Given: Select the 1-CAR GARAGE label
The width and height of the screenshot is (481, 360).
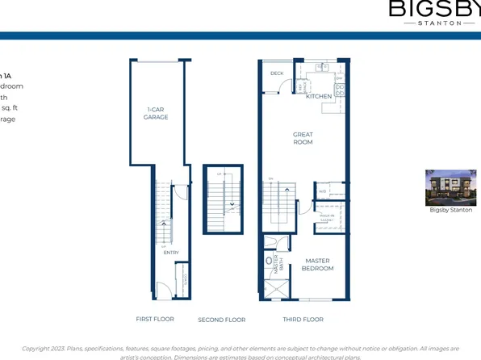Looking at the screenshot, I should pos(156,114).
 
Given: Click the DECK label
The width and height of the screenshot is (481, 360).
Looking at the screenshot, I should pos(277,73).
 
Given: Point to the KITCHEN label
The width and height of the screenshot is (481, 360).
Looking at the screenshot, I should pos(319,97).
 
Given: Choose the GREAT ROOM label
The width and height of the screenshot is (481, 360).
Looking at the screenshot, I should pos(303,139).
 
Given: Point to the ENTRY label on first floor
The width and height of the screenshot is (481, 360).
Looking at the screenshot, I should pos(170,253).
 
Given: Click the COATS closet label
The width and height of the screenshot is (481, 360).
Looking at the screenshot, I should pos(185,278).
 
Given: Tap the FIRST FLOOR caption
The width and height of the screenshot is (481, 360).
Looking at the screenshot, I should pos(155,320).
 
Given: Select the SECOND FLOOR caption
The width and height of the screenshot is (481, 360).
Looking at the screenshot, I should pos(221,320).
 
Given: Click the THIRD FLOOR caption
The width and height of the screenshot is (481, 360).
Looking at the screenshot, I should pos(303,320).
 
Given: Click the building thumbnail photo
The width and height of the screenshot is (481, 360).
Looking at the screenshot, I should pos(450,186).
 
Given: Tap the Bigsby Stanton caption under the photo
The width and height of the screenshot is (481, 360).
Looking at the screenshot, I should pos(450,211).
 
